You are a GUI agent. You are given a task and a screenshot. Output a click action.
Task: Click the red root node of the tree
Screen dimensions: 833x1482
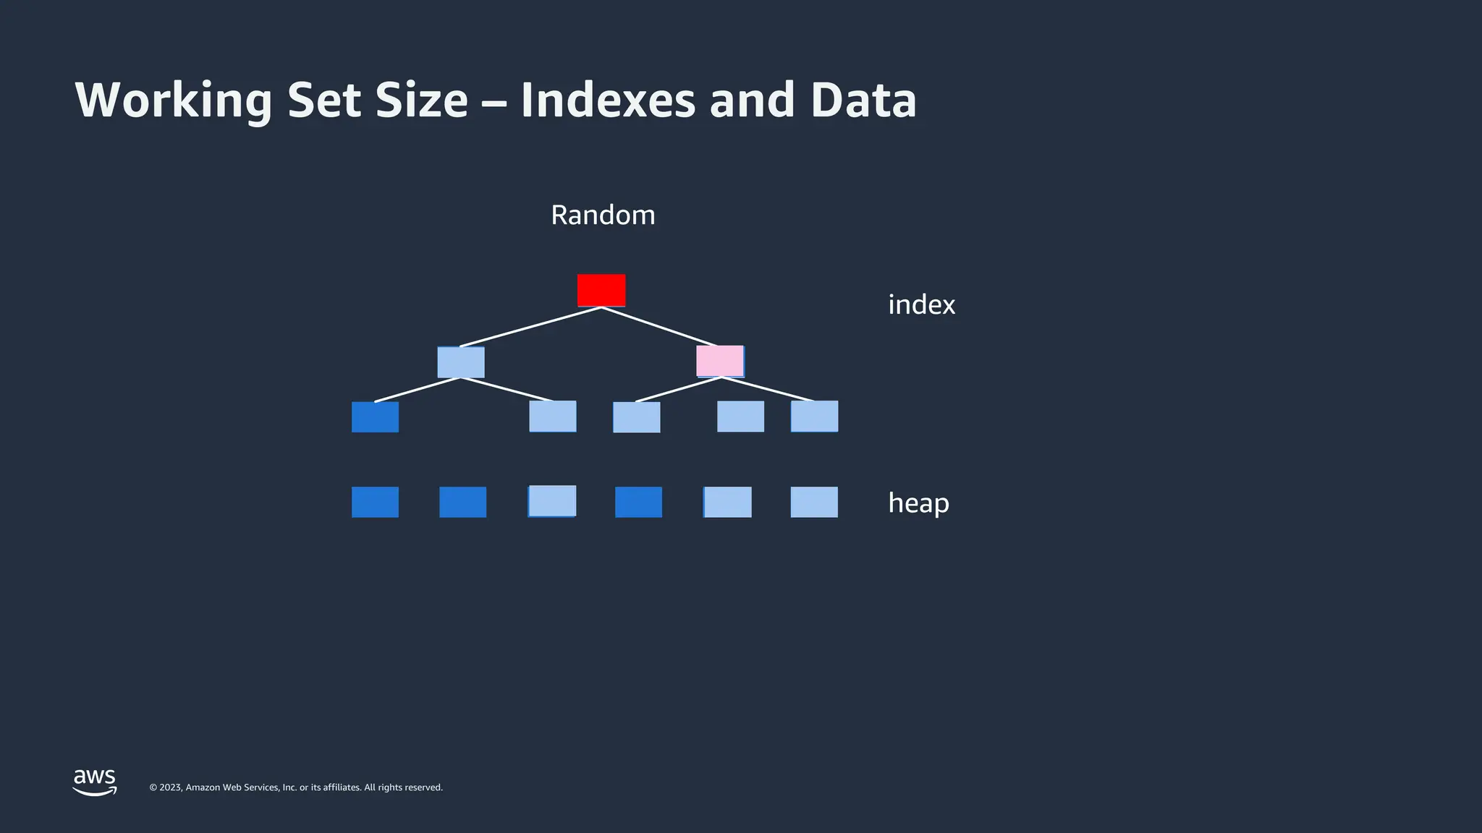[601, 290]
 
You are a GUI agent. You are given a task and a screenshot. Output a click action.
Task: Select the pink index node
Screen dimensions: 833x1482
[720, 361]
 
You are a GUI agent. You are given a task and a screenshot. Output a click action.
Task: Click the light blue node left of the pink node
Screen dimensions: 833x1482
[461, 362]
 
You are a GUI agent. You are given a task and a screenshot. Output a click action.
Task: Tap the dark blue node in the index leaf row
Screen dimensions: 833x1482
[375, 417]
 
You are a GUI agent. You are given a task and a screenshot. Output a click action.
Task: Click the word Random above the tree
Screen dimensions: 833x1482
[603, 215]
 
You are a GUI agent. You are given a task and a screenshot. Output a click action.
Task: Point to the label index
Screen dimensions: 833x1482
[921, 304]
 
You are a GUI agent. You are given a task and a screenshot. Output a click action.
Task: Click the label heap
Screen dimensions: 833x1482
[918, 503]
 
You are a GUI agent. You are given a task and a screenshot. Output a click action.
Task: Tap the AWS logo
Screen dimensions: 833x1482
[95, 782]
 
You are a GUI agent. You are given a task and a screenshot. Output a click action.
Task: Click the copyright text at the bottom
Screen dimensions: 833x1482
[296, 787]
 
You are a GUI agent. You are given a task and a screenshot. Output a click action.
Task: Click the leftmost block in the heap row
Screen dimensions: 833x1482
[375, 502]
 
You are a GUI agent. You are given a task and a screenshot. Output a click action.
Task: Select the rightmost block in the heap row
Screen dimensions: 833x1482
[814, 502]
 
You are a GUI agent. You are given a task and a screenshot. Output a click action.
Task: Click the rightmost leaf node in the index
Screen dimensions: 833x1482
[814, 416]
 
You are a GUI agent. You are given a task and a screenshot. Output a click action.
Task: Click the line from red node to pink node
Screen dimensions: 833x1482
[659, 327]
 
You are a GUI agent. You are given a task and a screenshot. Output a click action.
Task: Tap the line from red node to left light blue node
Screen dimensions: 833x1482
[530, 327]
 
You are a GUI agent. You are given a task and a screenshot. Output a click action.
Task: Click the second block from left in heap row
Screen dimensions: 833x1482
[462, 502]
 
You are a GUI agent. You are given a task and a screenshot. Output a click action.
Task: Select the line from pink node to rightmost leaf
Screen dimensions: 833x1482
[767, 389]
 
